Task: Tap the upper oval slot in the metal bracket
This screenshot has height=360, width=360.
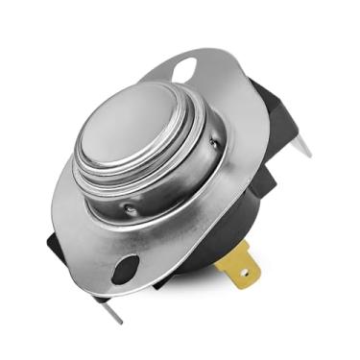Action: point(185,67)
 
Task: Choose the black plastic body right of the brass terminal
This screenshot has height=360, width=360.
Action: point(274,230)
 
